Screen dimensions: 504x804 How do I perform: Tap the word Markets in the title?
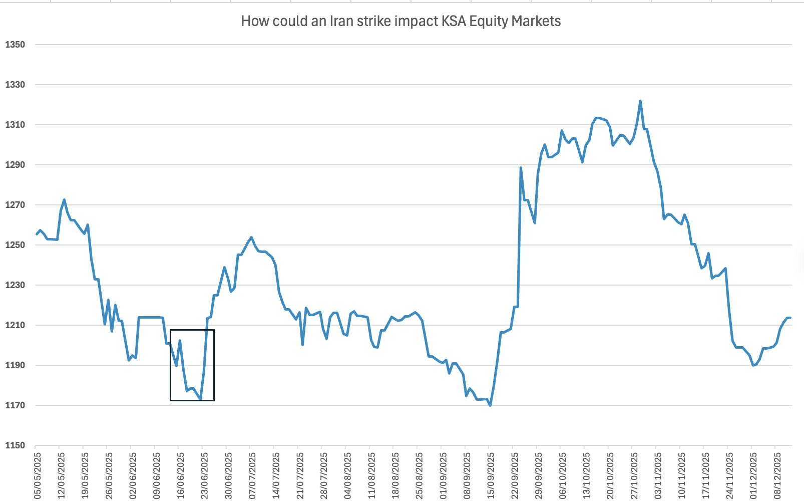pos(537,21)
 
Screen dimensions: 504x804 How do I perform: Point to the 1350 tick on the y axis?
pos(15,45)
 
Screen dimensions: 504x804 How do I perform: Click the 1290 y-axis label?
pos(15,165)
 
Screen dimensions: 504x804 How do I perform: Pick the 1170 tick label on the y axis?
pos(15,405)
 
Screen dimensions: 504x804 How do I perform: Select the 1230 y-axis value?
pos(15,285)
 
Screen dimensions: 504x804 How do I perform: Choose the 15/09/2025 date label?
pos(491,476)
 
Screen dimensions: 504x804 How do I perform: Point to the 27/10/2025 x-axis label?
pos(634,476)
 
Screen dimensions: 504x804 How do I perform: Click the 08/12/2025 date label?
pos(777,476)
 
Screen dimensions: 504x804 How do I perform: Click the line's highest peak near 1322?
pos(640,101)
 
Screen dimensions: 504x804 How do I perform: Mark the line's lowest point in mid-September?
pos(490,405)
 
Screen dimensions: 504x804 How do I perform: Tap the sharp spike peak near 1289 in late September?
pos(521,168)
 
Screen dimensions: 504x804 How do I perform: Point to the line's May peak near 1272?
pos(64,200)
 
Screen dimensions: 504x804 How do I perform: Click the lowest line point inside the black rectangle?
pos(200,399)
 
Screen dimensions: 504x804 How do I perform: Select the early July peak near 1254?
pos(251,237)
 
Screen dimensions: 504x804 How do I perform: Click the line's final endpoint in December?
pos(789,318)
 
